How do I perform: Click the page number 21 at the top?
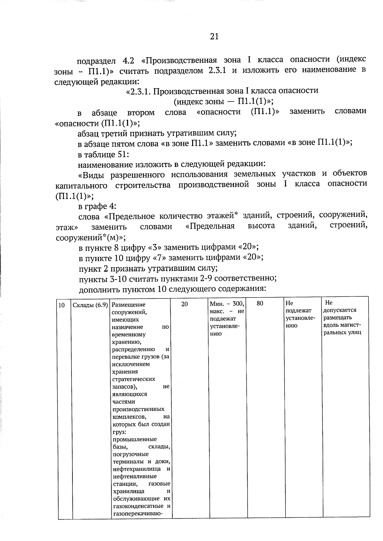point(214,37)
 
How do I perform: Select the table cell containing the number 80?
point(260,303)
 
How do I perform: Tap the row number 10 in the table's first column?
point(62,305)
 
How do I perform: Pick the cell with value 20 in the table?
point(184,304)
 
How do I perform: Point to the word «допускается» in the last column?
point(340,310)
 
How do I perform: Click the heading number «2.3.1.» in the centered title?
point(139,91)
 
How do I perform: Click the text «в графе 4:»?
point(97,206)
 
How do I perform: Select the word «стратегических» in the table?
point(134,379)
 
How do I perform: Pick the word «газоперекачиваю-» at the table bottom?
point(138,514)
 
